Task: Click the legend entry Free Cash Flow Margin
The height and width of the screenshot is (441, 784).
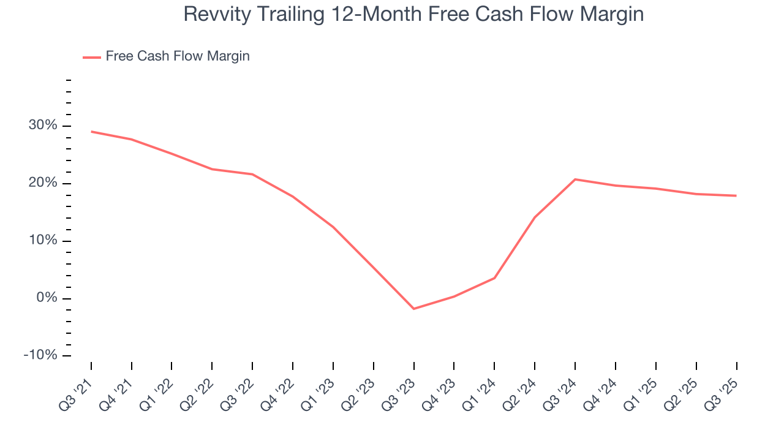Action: pyautogui.click(x=178, y=56)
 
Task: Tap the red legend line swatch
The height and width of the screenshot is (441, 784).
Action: pyautogui.click(x=92, y=57)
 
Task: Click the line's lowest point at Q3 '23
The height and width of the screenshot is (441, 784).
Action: pyautogui.click(x=413, y=309)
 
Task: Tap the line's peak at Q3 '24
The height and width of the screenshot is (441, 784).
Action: pyautogui.click(x=575, y=179)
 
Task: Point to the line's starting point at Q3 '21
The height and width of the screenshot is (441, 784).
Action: pyautogui.click(x=91, y=131)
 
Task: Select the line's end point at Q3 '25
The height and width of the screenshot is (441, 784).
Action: pyautogui.click(x=736, y=195)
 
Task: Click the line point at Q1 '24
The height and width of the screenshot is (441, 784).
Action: pyautogui.click(x=494, y=278)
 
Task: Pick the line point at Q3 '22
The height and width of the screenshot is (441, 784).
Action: pyautogui.click(x=252, y=174)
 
